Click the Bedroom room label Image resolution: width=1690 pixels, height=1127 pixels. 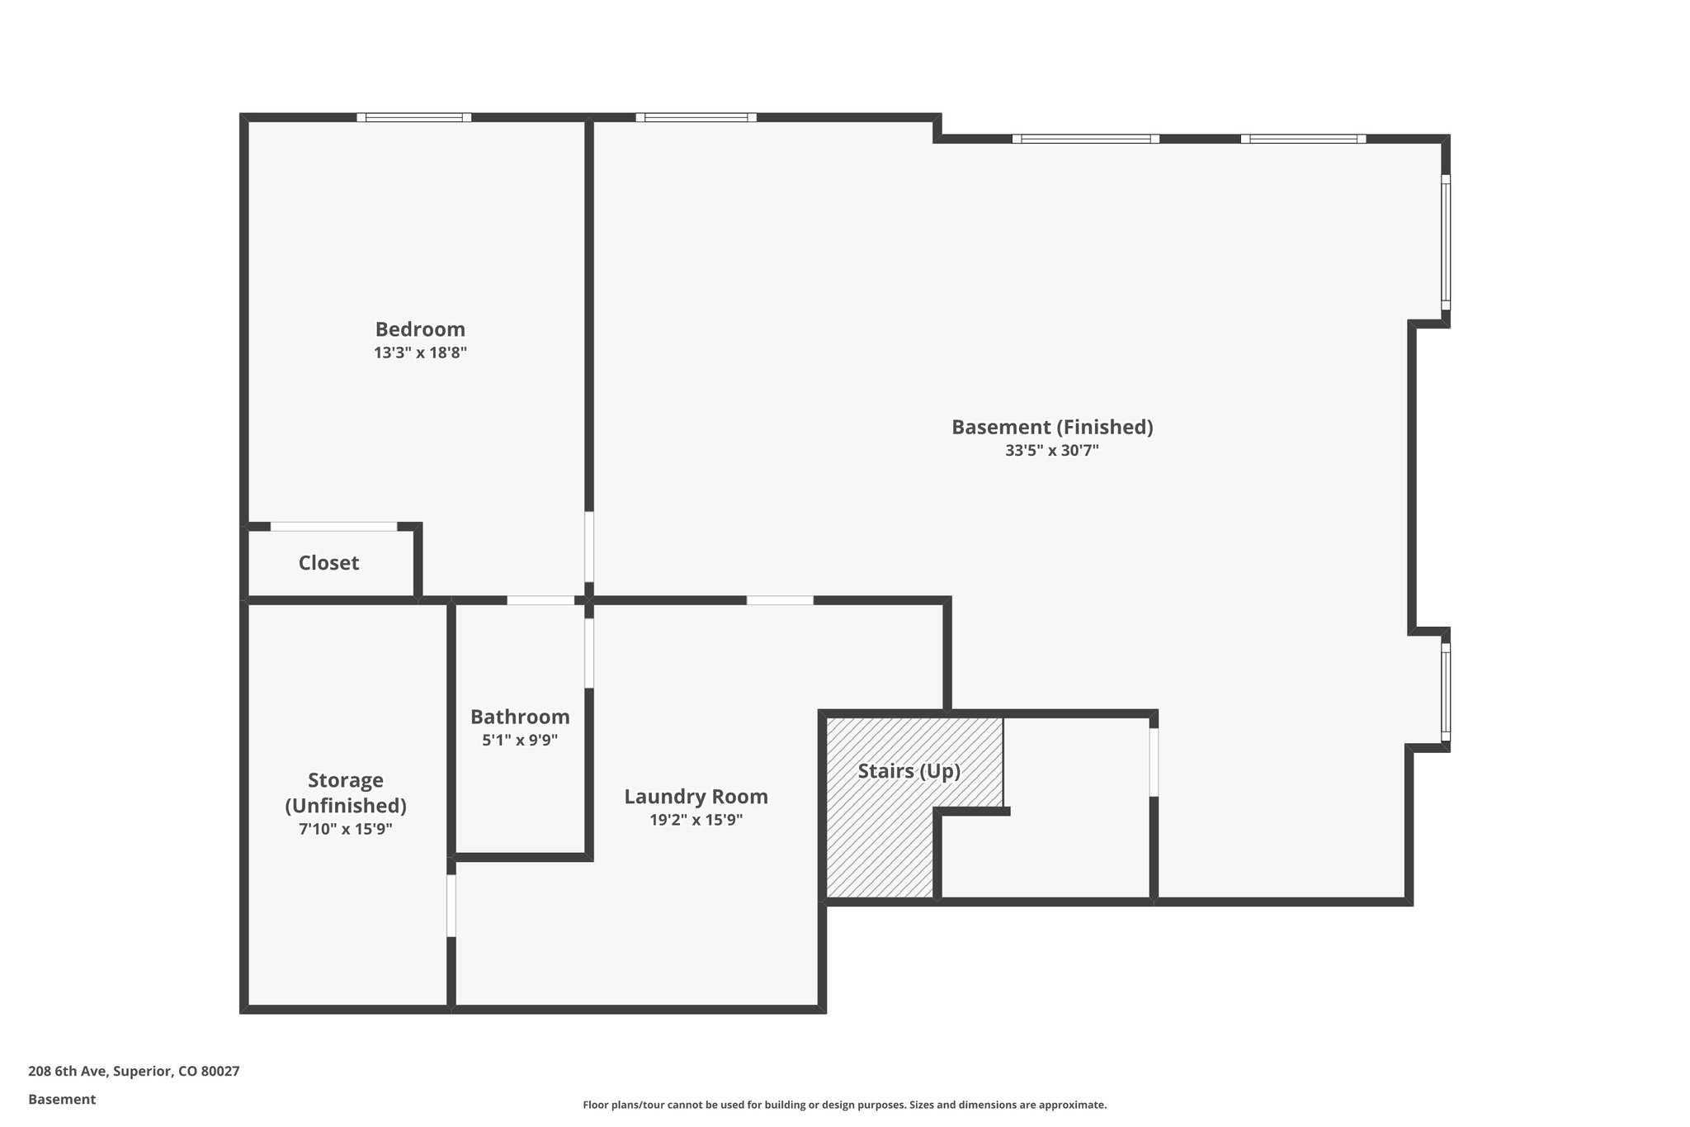420,329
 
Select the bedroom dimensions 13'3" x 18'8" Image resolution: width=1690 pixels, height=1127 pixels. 420,353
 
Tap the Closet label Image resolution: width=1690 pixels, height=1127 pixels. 328,563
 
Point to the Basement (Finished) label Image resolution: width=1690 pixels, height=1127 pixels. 1052,427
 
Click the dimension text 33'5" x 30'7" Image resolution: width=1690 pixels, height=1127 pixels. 1052,451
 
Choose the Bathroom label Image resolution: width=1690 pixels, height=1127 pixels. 520,717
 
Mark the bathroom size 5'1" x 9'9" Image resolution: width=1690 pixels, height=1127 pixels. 520,741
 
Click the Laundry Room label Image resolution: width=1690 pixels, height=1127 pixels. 696,797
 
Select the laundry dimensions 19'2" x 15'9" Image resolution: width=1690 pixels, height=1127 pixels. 696,820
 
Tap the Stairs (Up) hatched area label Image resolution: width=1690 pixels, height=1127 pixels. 909,771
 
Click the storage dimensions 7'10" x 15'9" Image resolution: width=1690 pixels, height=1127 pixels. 345,829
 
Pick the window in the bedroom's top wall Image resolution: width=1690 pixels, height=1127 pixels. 414,117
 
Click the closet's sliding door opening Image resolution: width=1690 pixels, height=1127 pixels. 333,527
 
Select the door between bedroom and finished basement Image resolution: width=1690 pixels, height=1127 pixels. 589,547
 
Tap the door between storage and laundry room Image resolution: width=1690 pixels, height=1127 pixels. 451,906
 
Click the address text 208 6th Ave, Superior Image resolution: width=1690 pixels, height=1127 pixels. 134,1072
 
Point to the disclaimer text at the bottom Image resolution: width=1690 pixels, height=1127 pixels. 844,1105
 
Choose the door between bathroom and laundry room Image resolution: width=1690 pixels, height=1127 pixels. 589,653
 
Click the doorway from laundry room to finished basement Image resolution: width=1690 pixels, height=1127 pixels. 780,600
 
